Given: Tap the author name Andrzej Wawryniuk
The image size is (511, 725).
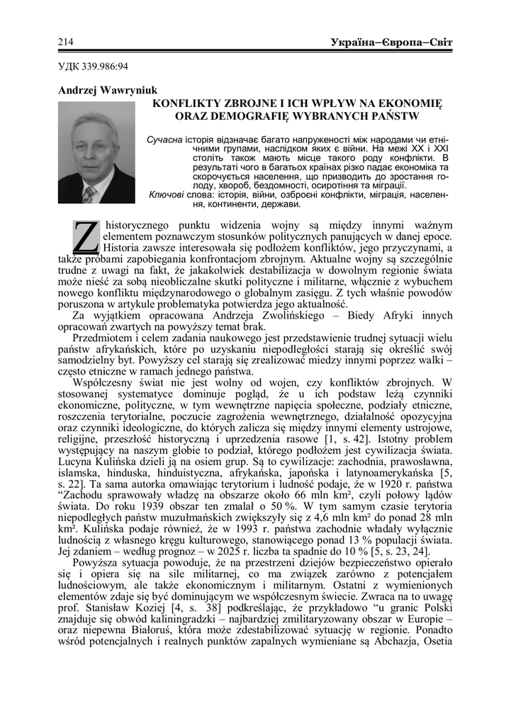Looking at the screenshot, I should coord(107,91).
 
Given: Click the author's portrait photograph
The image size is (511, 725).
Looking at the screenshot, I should coord(96,152).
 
